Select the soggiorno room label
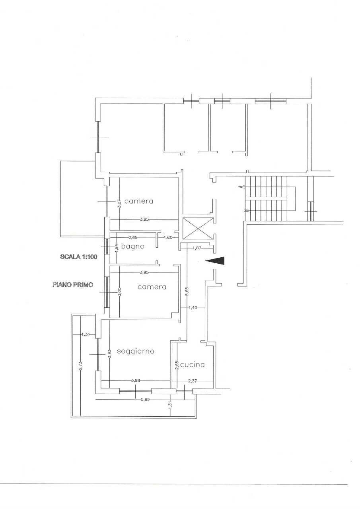click(x=136, y=351)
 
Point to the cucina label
click(x=192, y=364)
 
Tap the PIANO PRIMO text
click(x=73, y=285)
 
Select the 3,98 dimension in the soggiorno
click(x=135, y=381)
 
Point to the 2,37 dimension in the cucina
click(x=193, y=381)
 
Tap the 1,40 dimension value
click(x=193, y=307)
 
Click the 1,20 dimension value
click(x=169, y=237)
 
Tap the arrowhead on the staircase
click(x=240, y=187)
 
